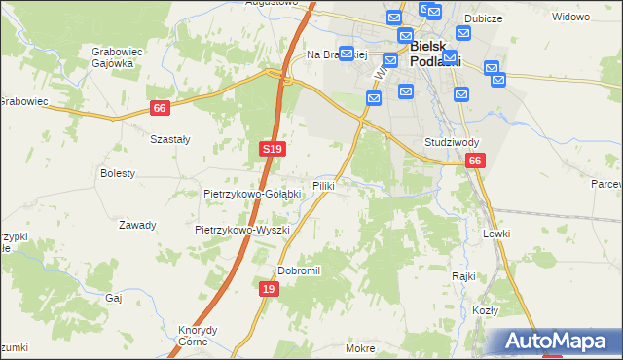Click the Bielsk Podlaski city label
pyautogui.click(x=433, y=53)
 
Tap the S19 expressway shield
pyautogui.click(x=272, y=149)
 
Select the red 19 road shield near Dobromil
pyautogui.click(x=270, y=289)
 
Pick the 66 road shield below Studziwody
pyautogui.click(x=474, y=161)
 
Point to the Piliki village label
pyautogui.click(x=325, y=185)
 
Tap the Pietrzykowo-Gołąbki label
pyautogui.click(x=252, y=194)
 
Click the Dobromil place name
pyautogui.click(x=299, y=270)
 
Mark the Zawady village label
pyautogui.click(x=137, y=225)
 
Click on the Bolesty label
pyautogui.click(x=118, y=173)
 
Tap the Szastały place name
pyautogui.click(x=169, y=139)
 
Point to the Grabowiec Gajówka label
pyautogui.click(x=112, y=56)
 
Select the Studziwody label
pyautogui.click(x=451, y=142)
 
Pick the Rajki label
pyautogui.click(x=463, y=275)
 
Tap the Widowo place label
pyautogui.click(x=570, y=17)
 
